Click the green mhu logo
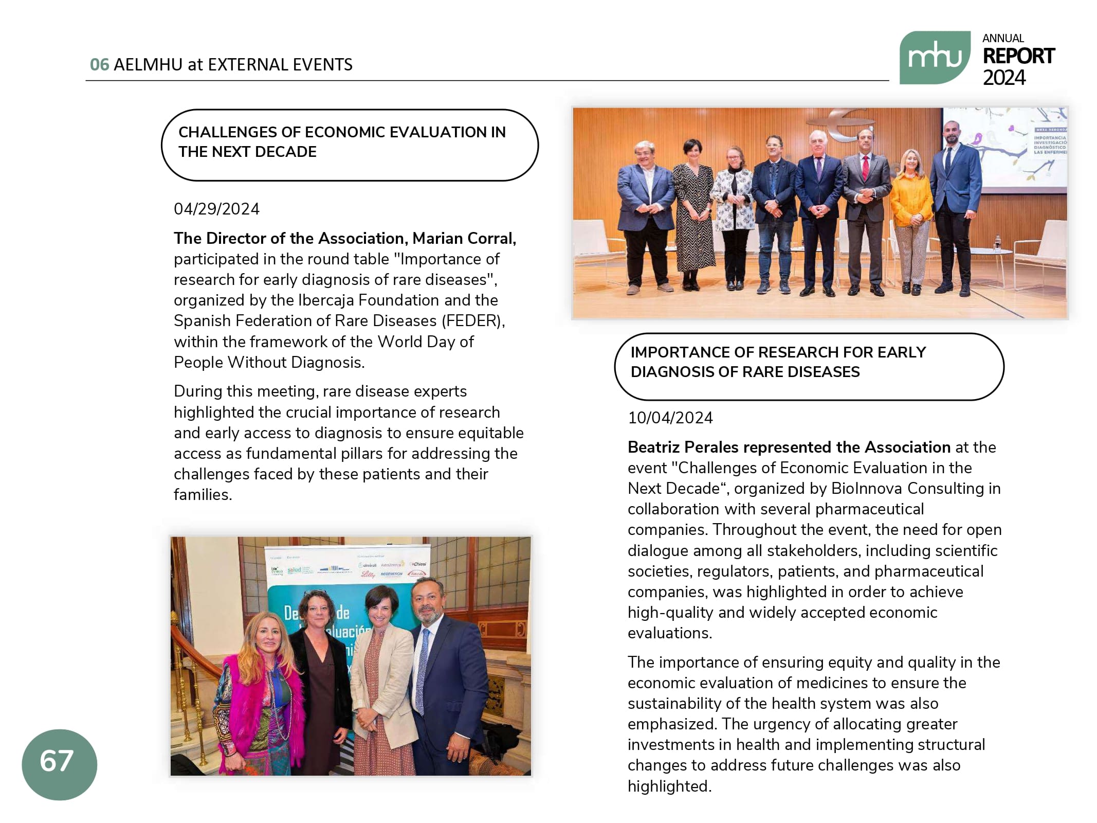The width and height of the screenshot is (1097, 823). tap(934, 58)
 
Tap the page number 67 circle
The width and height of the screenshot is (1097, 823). tap(59, 763)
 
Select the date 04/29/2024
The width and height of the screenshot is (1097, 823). tap(216, 209)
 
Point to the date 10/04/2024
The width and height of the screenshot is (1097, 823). tap(670, 418)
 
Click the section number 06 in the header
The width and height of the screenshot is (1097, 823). tap(99, 65)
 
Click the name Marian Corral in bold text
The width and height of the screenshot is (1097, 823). tap(464, 238)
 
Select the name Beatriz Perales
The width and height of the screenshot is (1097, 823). tap(685, 447)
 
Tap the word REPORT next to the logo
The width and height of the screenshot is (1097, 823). tap(1018, 56)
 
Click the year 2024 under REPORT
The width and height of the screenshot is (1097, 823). tap(1004, 78)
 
